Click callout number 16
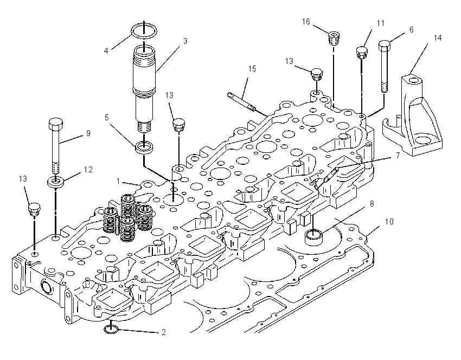point(306,22)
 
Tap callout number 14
point(438,38)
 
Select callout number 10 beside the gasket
point(389,222)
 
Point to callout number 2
point(164,332)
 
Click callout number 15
point(252,69)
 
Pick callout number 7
point(398,155)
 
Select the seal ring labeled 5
point(144,147)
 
